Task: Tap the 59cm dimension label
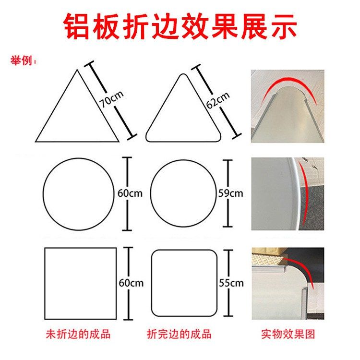[x=230, y=193]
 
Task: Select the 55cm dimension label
[x=231, y=283]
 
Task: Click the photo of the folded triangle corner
[x=288, y=106]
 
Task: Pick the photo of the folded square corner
[x=288, y=283]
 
